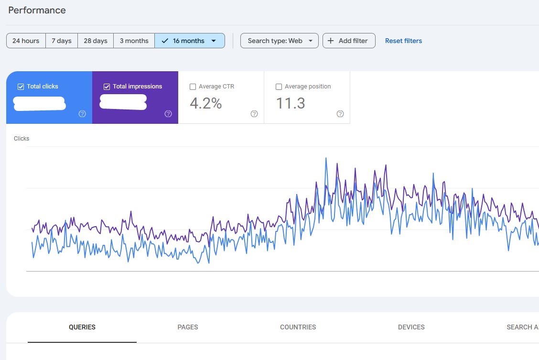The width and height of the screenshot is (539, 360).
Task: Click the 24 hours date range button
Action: [x=26, y=41]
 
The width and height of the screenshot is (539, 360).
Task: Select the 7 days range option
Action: [x=61, y=41]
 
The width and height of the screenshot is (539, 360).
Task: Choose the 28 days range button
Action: [x=96, y=41]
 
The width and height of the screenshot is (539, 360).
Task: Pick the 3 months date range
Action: [x=134, y=41]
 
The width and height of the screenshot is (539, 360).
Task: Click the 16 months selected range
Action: [x=189, y=41]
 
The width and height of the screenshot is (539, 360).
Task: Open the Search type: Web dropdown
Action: [x=279, y=41]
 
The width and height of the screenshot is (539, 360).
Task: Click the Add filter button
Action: [x=349, y=41]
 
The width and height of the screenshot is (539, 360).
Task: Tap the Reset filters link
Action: [x=403, y=41]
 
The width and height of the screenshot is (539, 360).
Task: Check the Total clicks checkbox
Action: [x=21, y=87]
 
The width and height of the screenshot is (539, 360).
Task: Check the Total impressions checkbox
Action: [x=107, y=87]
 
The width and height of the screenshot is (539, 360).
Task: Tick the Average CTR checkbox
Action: [x=193, y=87]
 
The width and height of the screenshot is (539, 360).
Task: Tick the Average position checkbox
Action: [x=279, y=87]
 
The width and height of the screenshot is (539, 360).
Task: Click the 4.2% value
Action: [x=206, y=103]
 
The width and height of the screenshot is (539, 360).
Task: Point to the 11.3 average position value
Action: [x=291, y=103]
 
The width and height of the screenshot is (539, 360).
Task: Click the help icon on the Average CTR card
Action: [x=254, y=114]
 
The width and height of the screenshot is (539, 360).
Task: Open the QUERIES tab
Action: [x=82, y=327]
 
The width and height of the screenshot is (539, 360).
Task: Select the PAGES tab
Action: [x=188, y=327]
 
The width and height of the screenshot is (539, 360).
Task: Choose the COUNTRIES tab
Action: [x=298, y=327]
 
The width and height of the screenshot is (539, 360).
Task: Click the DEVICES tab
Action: [x=411, y=327]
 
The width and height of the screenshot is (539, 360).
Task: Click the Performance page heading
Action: [x=37, y=10]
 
